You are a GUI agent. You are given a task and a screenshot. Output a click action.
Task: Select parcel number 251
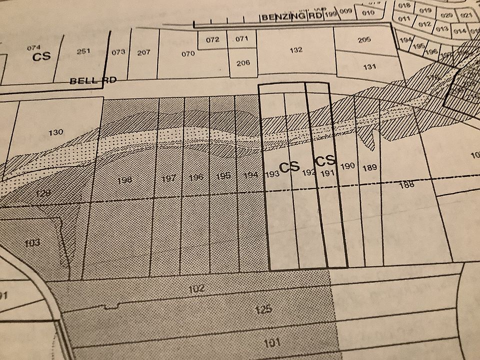[83, 51]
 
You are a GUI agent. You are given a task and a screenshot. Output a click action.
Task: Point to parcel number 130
[56, 132]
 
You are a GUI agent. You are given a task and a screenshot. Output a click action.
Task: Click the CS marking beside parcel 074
[41, 56]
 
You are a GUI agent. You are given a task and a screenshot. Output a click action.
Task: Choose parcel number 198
[125, 179]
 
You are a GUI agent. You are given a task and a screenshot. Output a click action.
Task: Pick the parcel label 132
[296, 50]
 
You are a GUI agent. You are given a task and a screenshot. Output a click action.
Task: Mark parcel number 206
[243, 63]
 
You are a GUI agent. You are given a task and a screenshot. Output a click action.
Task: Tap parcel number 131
[369, 66]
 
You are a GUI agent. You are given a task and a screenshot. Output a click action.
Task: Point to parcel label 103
[31, 243]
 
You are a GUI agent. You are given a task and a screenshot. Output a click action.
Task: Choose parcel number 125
[263, 309]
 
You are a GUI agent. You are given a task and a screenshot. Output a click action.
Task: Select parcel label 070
[188, 54]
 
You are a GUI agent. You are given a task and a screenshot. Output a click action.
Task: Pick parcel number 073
[118, 52]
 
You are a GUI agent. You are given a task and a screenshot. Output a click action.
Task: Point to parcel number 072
[213, 39]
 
